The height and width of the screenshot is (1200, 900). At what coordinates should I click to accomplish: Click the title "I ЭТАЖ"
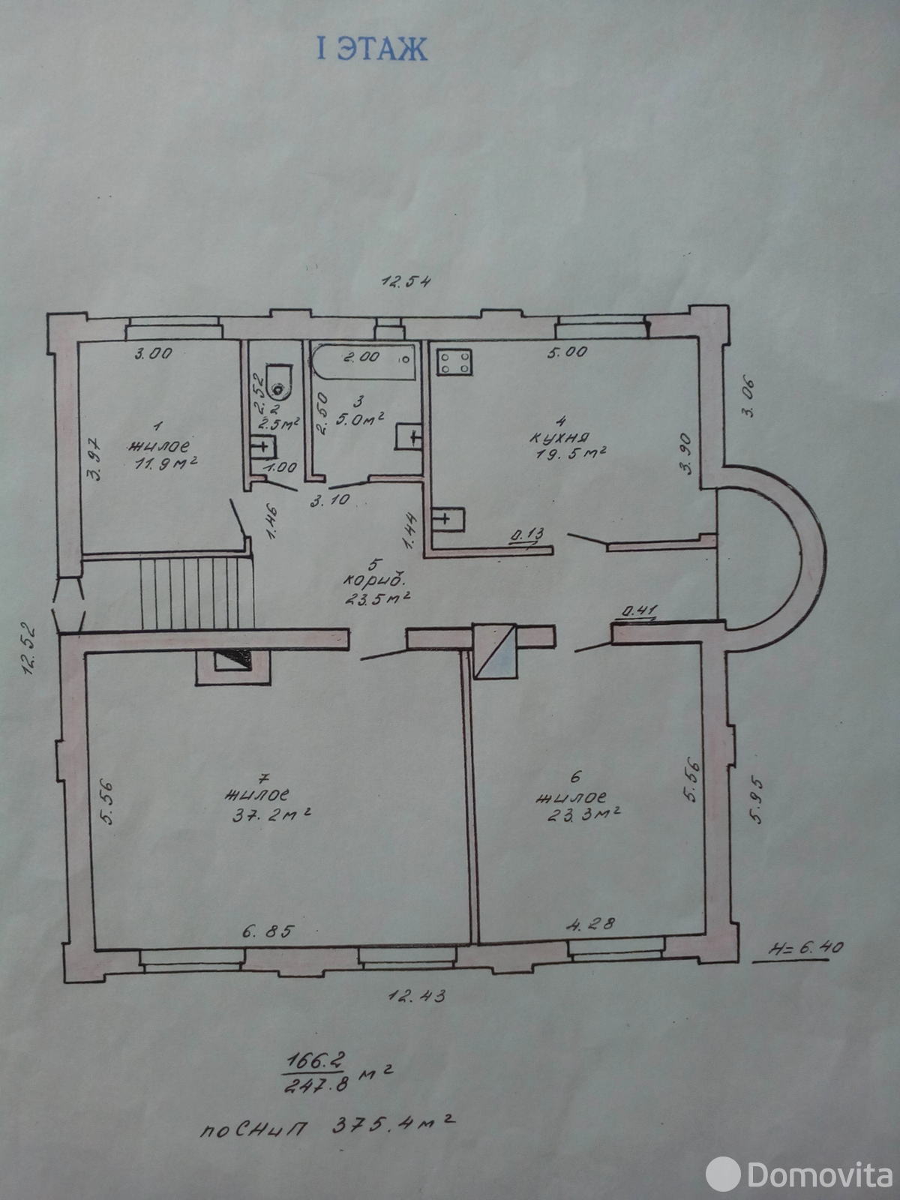coord(372,49)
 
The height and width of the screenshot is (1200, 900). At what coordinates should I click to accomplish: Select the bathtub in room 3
coord(364,361)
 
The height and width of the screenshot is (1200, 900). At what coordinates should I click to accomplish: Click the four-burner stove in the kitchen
coord(454,362)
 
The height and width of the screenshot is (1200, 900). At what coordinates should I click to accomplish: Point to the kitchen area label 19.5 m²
coord(571,453)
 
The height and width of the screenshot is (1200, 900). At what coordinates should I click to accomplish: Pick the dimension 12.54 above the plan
coord(406,281)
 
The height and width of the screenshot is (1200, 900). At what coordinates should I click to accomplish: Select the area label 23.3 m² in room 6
coord(583,814)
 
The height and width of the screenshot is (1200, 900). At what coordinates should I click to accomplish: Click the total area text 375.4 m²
coord(394,1126)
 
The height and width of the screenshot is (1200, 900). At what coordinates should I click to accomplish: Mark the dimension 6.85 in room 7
coord(268,931)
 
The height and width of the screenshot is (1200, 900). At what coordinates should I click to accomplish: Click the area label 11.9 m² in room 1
coord(166,463)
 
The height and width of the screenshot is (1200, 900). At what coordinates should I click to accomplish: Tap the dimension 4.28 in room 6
coord(591,925)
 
